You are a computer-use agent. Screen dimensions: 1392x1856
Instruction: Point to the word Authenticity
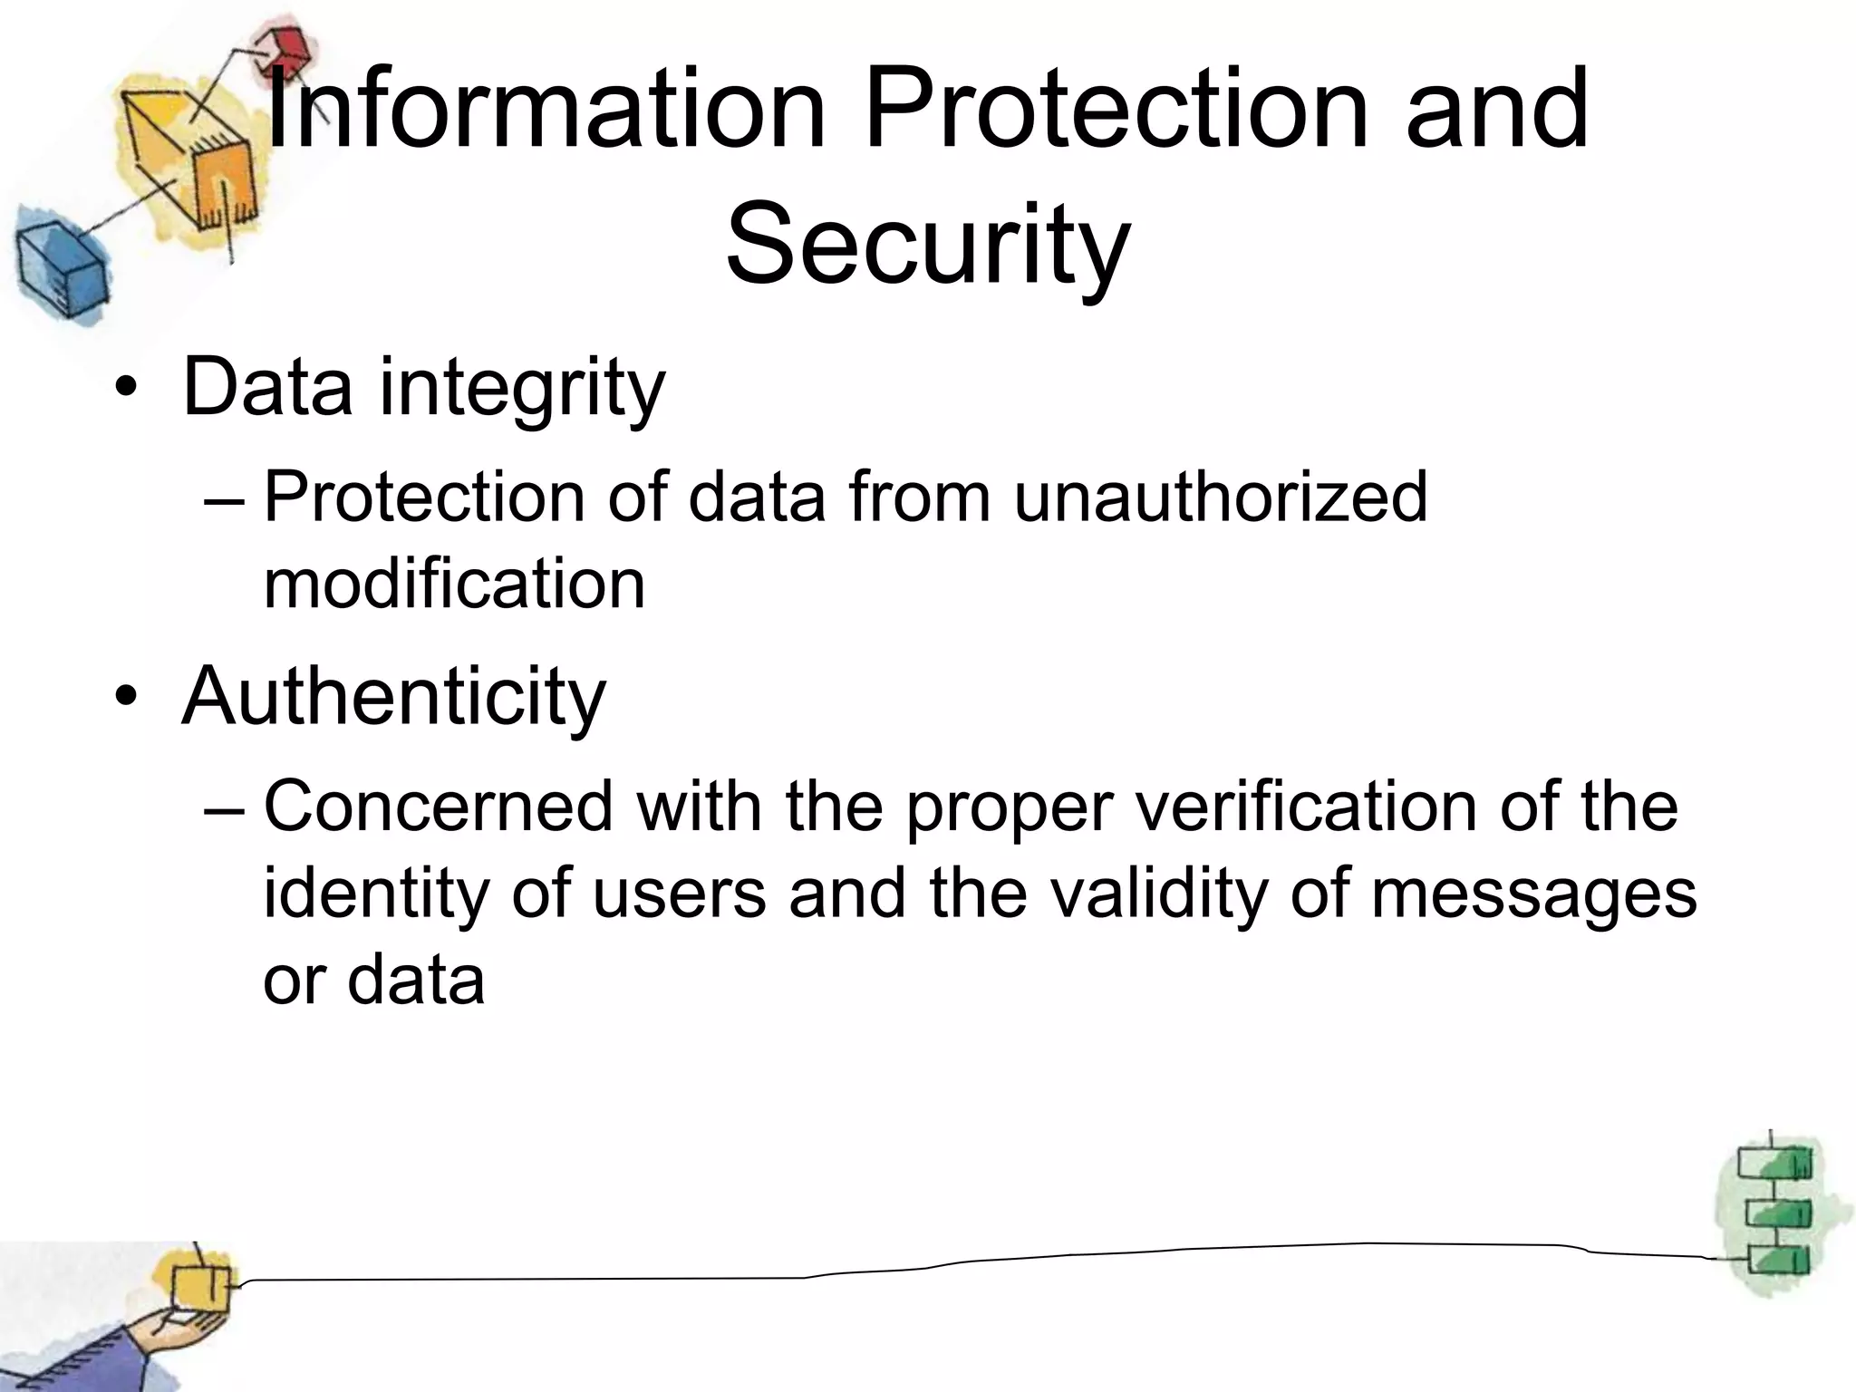393,696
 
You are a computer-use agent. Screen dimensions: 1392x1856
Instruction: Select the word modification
454,584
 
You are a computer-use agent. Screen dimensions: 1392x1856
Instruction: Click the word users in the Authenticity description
680,894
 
